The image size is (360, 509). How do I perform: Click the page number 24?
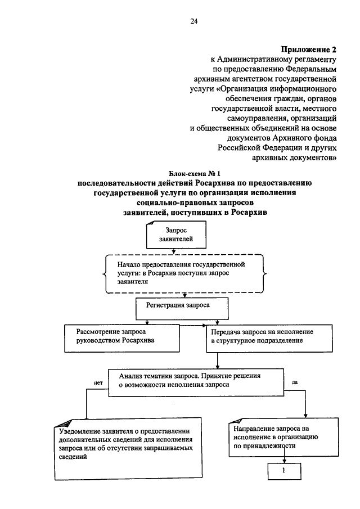(x=194, y=21)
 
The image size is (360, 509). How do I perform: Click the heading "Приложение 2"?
(x=308, y=49)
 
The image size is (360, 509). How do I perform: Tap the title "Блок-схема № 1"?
(x=195, y=174)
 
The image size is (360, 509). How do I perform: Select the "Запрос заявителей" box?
(x=176, y=235)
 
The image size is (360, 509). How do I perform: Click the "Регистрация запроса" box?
(x=182, y=309)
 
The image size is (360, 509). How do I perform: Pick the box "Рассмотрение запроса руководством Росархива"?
(x=121, y=338)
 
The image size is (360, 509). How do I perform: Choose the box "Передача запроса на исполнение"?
(x=269, y=338)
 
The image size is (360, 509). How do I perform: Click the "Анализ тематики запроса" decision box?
(x=196, y=382)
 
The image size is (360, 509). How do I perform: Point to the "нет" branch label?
(x=98, y=382)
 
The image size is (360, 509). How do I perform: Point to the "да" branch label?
(x=294, y=382)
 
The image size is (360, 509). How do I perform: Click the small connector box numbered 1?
(x=285, y=471)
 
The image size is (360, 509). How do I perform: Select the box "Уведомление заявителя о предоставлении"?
(x=128, y=449)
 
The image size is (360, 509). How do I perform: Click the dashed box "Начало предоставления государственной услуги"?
(x=184, y=273)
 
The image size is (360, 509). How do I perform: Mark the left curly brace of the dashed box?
(x=105, y=274)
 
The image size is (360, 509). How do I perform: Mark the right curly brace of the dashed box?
(x=265, y=274)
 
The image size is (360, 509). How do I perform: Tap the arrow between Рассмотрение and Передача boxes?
(x=193, y=325)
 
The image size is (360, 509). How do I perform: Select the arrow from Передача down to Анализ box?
(x=218, y=361)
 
